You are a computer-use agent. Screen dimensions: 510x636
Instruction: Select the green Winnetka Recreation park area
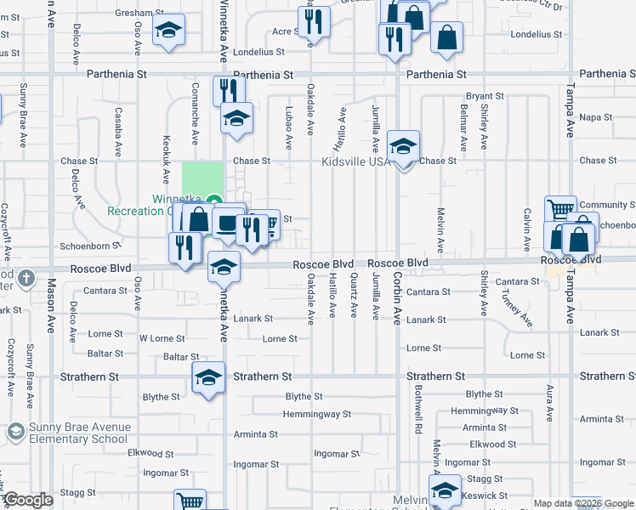202,179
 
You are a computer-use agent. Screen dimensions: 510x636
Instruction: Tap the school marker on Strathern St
208,378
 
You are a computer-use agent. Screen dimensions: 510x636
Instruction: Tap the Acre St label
283,31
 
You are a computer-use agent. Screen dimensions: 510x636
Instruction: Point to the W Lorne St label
162,338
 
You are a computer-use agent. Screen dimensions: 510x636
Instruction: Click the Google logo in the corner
28,500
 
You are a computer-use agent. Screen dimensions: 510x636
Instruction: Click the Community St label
607,205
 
